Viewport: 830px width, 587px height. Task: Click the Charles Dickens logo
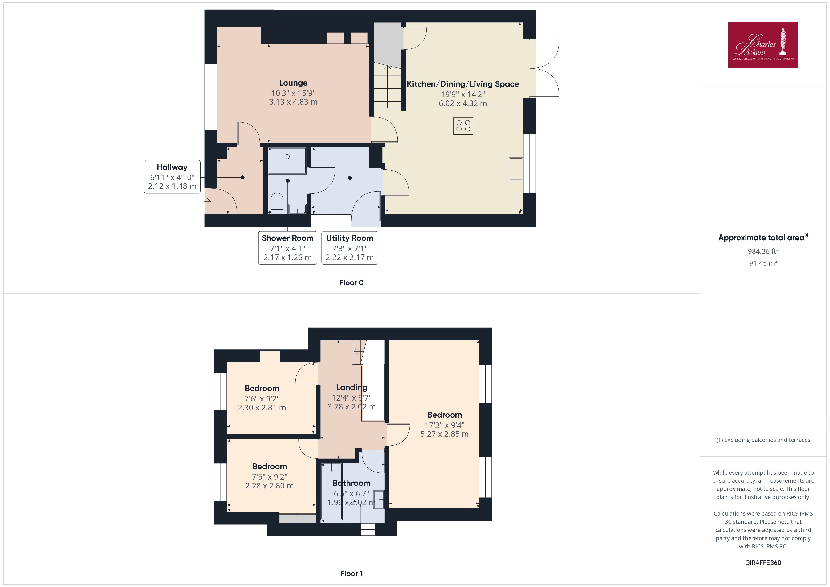pyautogui.click(x=763, y=45)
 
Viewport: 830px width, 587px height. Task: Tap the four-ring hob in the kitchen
pyautogui.click(x=463, y=126)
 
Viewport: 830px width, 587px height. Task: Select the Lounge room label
pyautogui.click(x=293, y=83)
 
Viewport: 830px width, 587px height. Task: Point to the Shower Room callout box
pyautogui.click(x=287, y=248)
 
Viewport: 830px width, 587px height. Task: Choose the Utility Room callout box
pyautogui.click(x=350, y=248)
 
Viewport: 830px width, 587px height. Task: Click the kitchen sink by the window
pyautogui.click(x=516, y=168)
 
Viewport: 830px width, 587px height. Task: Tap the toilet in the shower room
pyautogui.click(x=277, y=203)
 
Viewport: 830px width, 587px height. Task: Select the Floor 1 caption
pyautogui.click(x=351, y=573)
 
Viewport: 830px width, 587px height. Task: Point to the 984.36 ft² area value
pyautogui.click(x=763, y=251)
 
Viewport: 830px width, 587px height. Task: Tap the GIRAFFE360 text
pyautogui.click(x=763, y=562)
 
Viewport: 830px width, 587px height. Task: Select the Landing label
pyautogui.click(x=351, y=388)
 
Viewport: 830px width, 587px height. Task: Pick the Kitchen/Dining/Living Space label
pyautogui.click(x=463, y=84)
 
